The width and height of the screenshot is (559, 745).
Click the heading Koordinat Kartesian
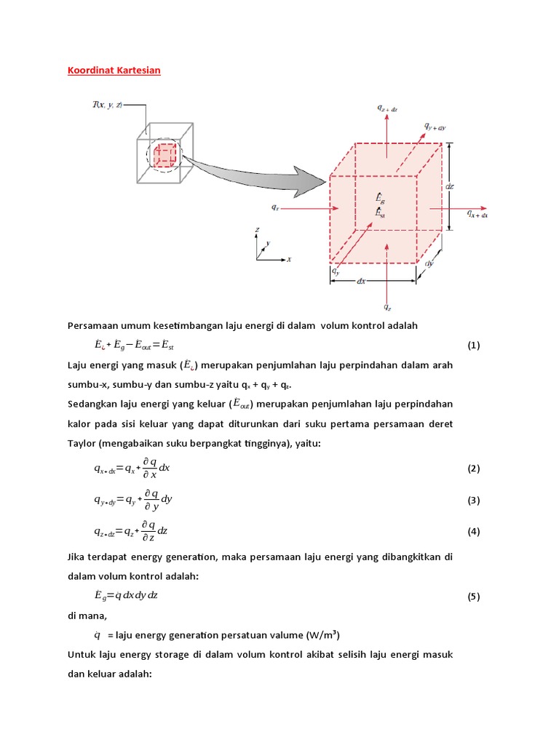click(x=114, y=71)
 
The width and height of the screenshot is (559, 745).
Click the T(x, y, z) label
click(x=107, y=105)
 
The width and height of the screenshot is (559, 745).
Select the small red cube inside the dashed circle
click(x=165, y=154)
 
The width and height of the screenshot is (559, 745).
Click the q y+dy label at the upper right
click(x=435, y=126)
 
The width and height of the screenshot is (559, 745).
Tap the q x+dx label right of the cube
click(x=477, y=215)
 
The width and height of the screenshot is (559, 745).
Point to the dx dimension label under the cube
click(x=361, y=280)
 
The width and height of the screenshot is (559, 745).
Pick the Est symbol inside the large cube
click(x=380, y=212)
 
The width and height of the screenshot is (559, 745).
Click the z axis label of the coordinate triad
click(x=258, y=230)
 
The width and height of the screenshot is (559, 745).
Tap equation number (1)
click(x=474, y=345)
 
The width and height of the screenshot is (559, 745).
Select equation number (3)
click(x=474, y=501)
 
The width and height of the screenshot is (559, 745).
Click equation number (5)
click(x=474, y=597)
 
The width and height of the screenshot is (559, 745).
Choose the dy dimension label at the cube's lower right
click(x=429, y=263)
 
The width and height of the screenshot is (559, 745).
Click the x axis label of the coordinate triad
click(x=289, y=259)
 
